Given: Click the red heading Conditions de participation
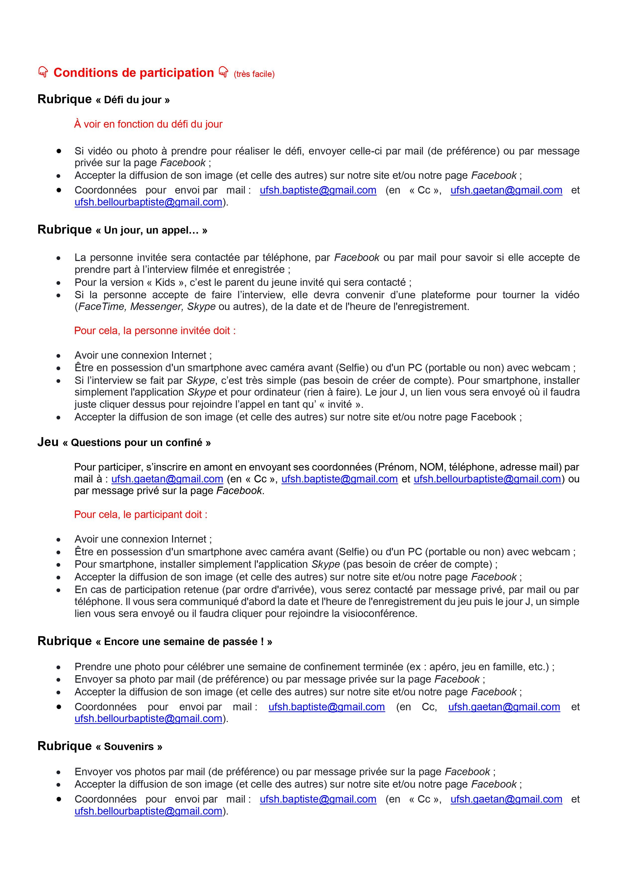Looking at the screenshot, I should coord(134,73).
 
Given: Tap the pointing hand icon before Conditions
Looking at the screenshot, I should coord(43,72).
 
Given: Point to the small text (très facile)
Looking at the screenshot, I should coord(254,74).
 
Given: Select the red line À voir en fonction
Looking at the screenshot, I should coord(148,124).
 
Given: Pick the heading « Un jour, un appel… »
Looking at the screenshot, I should coord(151,230).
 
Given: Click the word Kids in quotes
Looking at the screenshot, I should coord(165,283).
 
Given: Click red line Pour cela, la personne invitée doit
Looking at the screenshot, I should coord(155,331).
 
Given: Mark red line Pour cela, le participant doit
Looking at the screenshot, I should coord(141,514).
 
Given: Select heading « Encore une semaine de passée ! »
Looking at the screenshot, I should coord(184,642).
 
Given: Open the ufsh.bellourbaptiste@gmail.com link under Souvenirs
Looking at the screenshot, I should coord(148,811).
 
